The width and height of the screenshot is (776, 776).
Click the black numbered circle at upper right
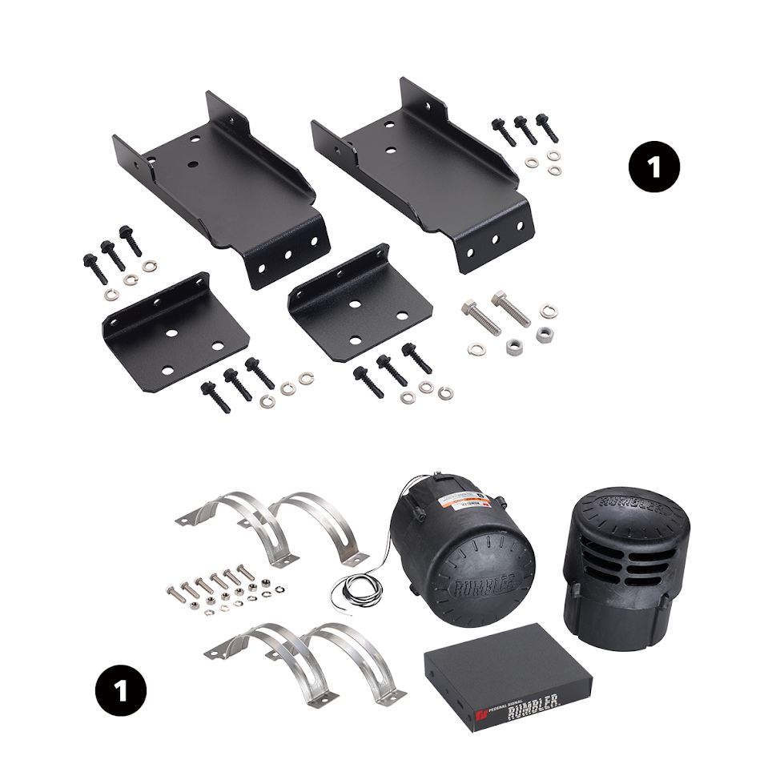pos(653,167)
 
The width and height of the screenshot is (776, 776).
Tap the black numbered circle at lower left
pos(119,690)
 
